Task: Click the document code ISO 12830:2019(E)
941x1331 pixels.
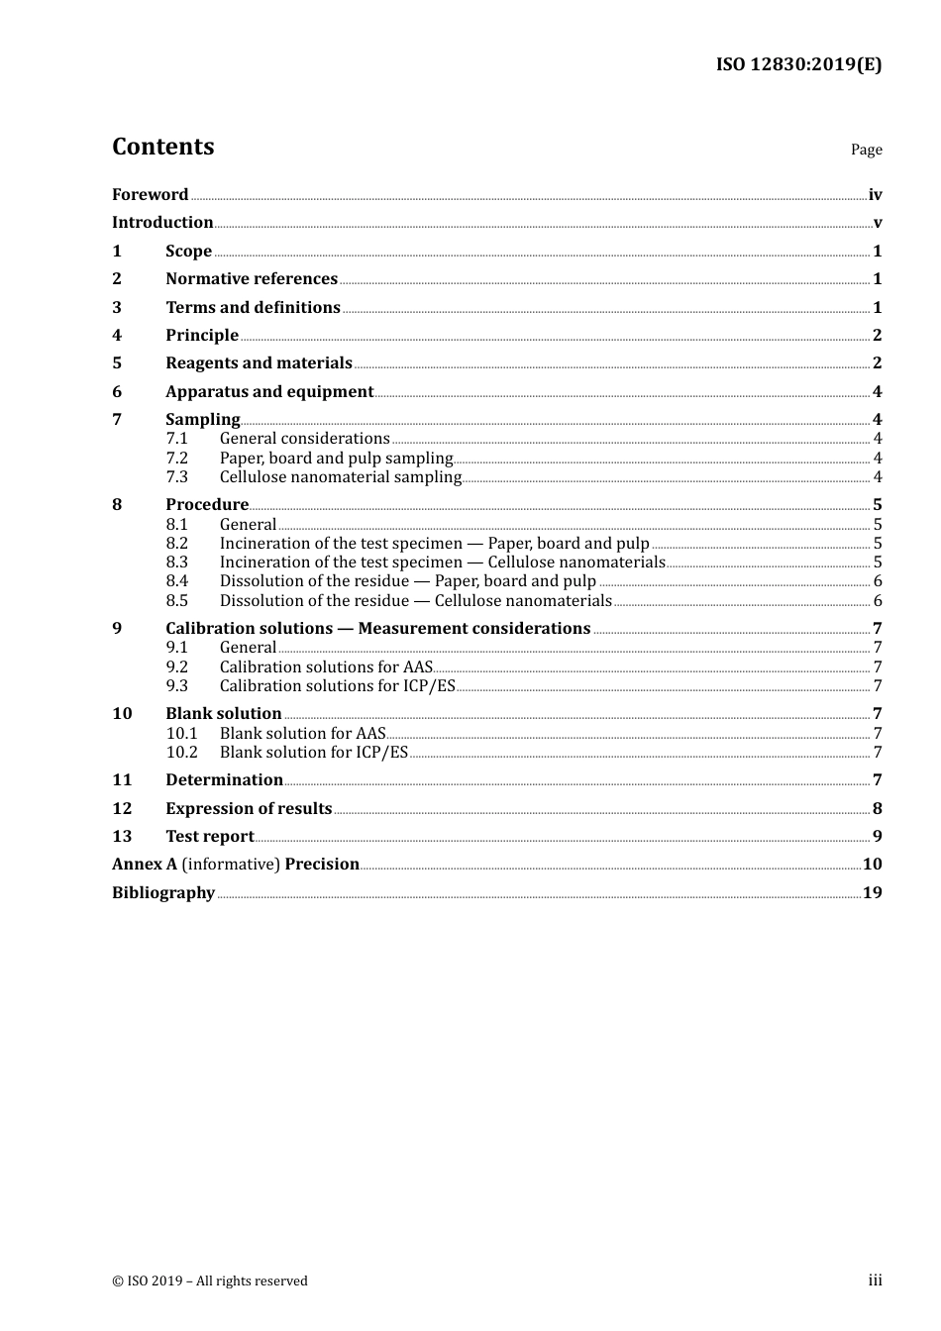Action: [798, 65]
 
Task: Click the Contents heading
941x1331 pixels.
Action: [162, 147]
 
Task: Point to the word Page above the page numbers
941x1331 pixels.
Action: [866, 150]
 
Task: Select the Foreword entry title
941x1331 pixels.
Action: [150, 195]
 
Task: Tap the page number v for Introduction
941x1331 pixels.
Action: [877, 223]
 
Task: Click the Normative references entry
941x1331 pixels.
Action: [252, 279]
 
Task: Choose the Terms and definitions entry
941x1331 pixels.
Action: [253, 308]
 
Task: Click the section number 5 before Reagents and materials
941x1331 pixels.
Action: [117, 363]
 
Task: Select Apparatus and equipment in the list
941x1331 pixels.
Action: [269, 392]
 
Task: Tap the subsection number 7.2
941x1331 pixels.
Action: [176, 459]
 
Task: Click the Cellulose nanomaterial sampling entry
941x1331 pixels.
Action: [340, 477]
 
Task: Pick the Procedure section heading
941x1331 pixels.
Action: [207, 505]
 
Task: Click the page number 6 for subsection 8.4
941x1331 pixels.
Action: [878, 581]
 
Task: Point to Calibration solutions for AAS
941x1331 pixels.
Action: [326, 667]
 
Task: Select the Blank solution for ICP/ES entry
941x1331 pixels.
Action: [313, 753]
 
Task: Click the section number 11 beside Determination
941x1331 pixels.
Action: [122, 780]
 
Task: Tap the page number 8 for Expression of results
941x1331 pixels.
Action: [878, 809]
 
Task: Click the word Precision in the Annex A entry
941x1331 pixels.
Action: [322, 865]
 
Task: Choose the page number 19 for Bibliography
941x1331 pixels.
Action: [872, 893]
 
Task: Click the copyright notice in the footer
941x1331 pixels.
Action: [210, 1281]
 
